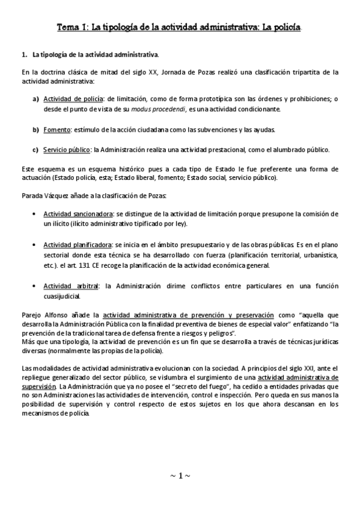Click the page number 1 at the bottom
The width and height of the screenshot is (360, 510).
click(x=180, y=475)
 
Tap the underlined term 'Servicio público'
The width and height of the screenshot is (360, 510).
click(x=66, y=150)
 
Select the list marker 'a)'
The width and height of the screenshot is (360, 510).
click(x=35, y=99)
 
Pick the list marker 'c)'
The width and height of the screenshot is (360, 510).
click(x=35, y=150)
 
